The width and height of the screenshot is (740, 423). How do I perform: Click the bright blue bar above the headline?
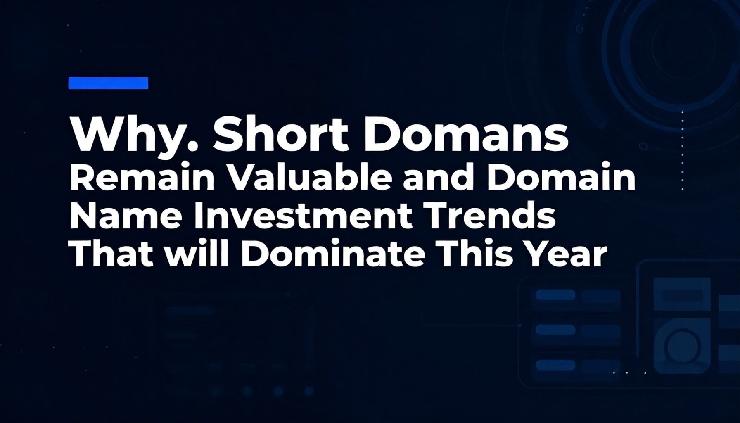pyautogui.click(x=108, y=83)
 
